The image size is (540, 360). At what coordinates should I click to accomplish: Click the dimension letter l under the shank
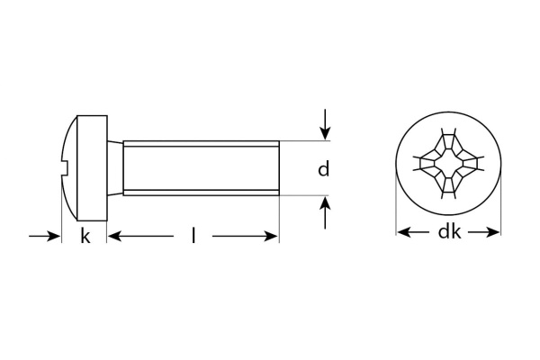coord(193,236)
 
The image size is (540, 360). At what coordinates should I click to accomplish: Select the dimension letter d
coord(324,168)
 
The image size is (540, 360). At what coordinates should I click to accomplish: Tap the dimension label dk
coord(449,232)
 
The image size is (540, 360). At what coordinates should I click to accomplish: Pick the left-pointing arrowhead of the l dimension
coord(114,236)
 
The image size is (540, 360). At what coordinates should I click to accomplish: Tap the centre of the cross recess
coord(448,166)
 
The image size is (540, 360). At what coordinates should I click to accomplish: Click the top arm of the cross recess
coord(448,141)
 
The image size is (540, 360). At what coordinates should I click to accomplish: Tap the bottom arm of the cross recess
coord(448,192)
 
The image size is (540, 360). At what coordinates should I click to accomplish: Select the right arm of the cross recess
coord(473,166)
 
